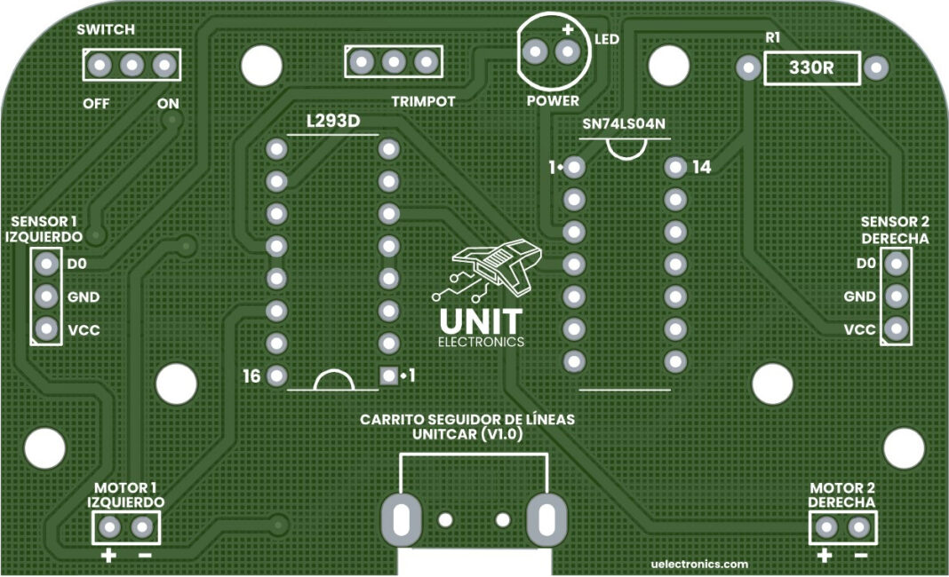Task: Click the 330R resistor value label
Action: click(x=810, y=68)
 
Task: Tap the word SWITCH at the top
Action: click(x=106, y=29)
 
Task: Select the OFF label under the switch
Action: click(x=96, y=103)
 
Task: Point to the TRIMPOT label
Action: click(x=423, y=101)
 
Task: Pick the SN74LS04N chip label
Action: click(x=624, y=124)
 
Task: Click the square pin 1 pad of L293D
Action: click(x=388, y=375)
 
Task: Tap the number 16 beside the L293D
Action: click(x=251, y=376)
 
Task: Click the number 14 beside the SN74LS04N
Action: click(x=702, y=166)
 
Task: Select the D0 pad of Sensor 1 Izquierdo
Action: click(x=45, y=264)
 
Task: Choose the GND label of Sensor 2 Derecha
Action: click(x=859, y=296)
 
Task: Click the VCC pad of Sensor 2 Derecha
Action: click(x=896, y=329)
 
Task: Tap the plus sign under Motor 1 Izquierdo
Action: click(x=108, y=557)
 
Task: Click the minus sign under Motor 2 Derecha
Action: click(x=860, y=557)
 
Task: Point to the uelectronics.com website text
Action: click(x=699, y=564)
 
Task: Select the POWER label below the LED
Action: click(x=552, y=100)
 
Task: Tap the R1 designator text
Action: click(x=773, y=38)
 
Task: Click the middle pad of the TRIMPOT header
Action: click(x=394, y=62)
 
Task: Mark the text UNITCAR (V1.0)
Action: click(x=467, y=435)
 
